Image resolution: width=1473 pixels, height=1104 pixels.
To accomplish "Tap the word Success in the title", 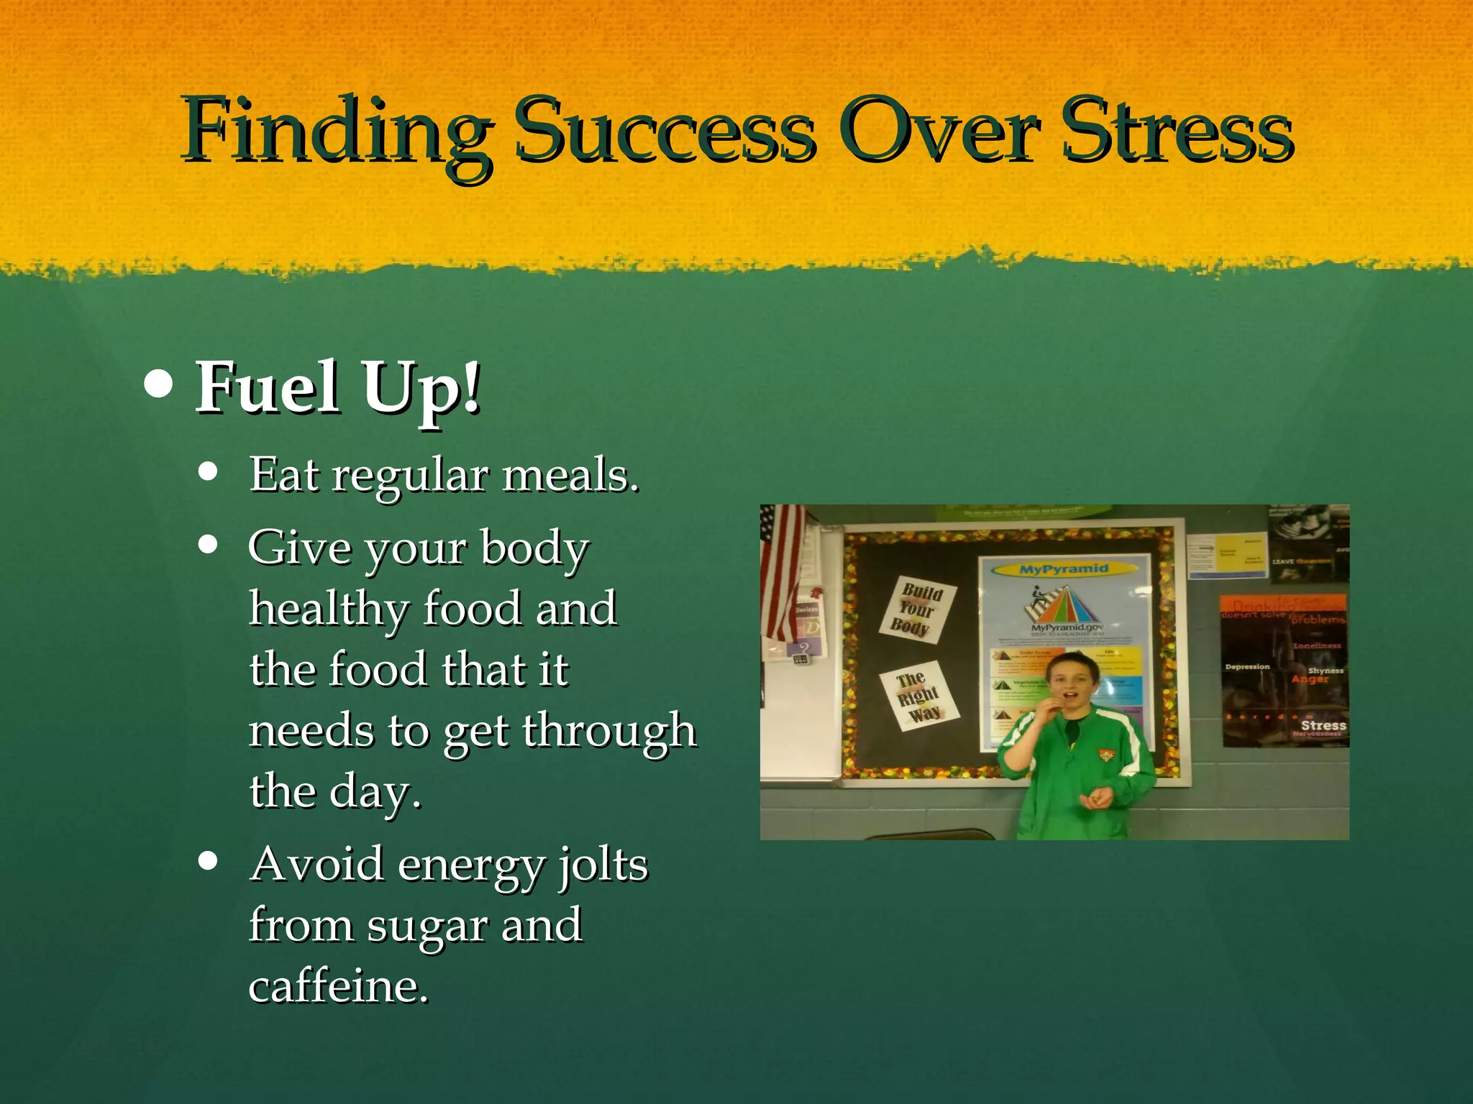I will coord(666,133).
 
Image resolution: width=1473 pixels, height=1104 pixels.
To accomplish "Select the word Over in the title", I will coord(938,133).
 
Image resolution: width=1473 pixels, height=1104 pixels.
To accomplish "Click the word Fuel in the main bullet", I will coord(268,388).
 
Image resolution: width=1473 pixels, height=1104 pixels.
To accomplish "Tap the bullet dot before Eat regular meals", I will coord(208,472).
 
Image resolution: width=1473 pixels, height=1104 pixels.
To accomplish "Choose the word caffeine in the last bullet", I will coord(338,986).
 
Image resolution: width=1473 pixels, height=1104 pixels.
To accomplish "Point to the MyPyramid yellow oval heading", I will coord(1064,569).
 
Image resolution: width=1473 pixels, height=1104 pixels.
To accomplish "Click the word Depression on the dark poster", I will coord(1247,667).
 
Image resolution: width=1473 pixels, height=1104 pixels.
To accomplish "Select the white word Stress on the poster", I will coord(1323,725).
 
